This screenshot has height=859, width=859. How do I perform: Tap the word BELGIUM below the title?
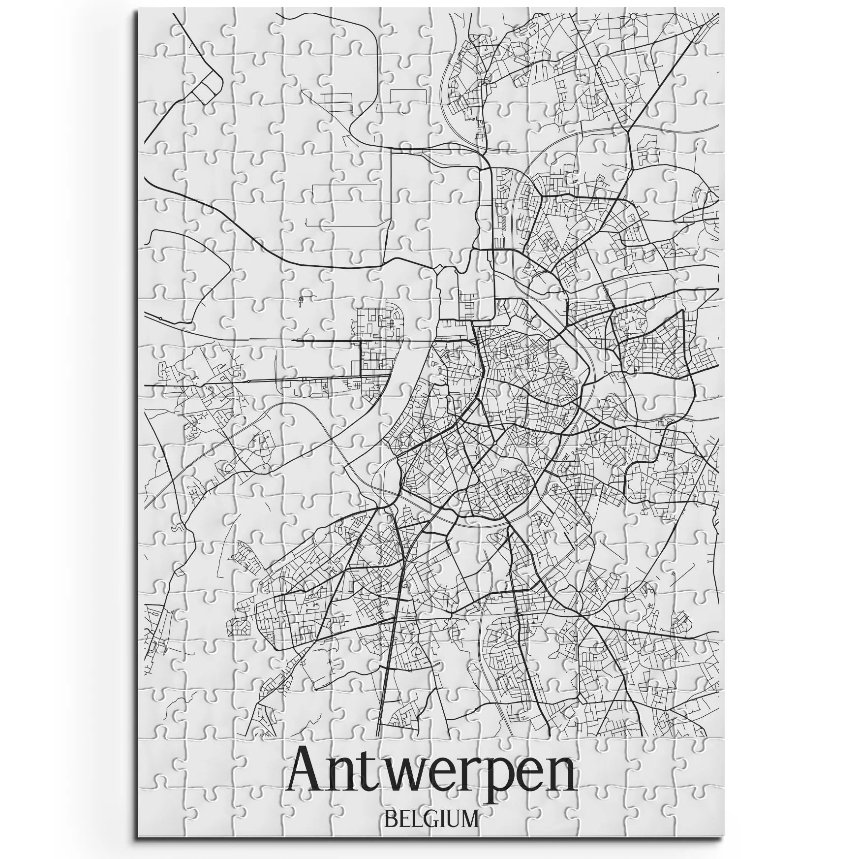click(431, 819)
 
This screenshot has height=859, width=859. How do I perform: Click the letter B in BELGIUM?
click(390, 819)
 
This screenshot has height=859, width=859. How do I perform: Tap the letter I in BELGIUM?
click(440, 819)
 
